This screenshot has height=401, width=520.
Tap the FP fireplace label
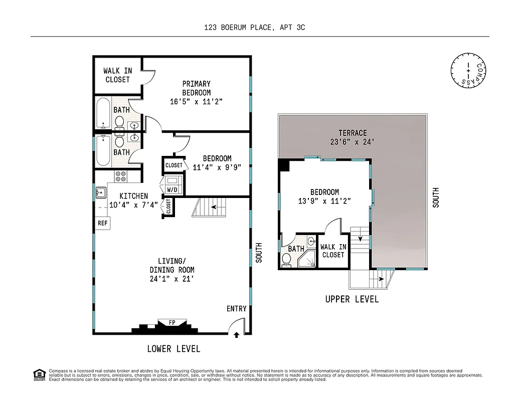[171, 322]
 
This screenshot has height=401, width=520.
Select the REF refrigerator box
[102, 223]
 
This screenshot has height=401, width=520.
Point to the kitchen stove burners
[121, 176]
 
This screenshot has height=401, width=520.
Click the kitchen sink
[100, 192]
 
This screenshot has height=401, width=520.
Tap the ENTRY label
[237, 309]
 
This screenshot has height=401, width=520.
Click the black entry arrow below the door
[236, 336]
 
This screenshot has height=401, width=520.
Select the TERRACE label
[353, 133]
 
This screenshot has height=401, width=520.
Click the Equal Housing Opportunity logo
[39, 374]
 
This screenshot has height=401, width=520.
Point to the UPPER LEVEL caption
[352, 299]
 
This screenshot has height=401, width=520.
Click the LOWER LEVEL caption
[174, 348]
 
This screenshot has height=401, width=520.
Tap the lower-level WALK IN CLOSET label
[118, 75]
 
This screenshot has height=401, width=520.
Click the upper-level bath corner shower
[307, 260]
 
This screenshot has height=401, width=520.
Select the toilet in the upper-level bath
[287, 259]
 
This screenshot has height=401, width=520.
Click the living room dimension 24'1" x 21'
[171, 279]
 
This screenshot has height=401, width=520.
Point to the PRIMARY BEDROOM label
[196, 88]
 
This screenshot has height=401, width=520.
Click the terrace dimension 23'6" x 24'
[353, 142]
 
